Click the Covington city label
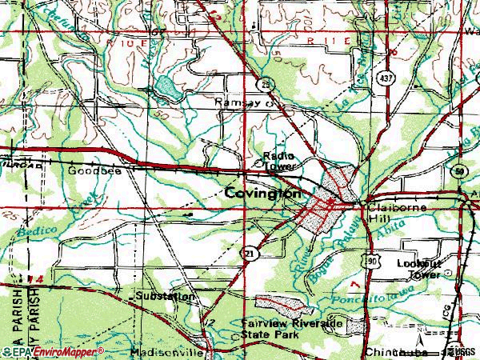click(262, 194)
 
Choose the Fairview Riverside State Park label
click(292, 329)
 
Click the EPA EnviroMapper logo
click(52, 350)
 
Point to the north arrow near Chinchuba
click(419, 327)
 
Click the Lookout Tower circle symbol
click(448, 273)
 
